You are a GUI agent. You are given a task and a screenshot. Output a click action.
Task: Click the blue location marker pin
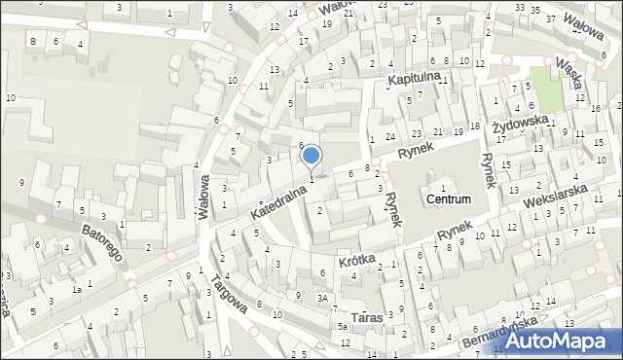(311, 156)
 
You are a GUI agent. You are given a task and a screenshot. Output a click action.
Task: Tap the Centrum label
(448, 198)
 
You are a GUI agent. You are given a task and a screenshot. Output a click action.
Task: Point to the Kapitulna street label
(416, 77)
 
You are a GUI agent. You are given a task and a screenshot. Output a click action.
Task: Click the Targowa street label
(229, 294)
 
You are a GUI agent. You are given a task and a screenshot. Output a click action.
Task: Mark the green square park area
(546, 89)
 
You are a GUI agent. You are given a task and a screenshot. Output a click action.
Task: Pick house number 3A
(322, 298)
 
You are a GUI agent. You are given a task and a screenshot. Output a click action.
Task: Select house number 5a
(343, 327)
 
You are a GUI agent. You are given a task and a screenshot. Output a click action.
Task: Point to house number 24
(389, 135)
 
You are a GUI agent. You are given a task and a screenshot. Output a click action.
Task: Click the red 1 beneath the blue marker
(311, 178)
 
